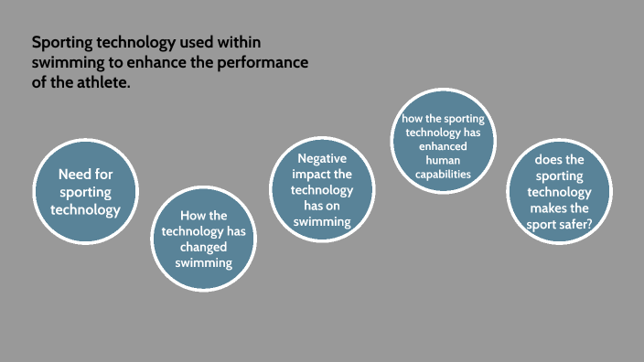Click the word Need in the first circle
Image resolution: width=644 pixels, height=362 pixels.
pos(72,175)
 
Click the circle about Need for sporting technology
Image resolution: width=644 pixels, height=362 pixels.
pos(85,191)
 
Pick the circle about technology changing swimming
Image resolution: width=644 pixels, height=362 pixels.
pos(204,240)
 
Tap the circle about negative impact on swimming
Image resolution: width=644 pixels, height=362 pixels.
pos(321,189)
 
